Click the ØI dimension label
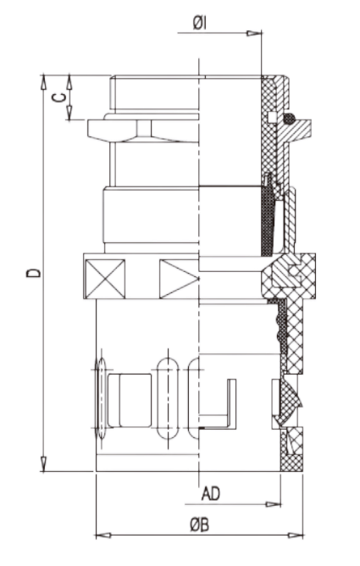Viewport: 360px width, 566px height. click(x=200, y=24)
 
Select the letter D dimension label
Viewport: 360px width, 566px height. click(x=34, y=273)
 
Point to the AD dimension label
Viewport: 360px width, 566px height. click(x=211, y=494)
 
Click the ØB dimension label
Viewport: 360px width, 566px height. click(x=199, y=524)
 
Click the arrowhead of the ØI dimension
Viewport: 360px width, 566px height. click(x=254, y=34)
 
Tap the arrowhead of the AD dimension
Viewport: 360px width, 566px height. click(x=273, y=504)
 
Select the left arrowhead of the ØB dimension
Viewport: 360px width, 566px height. click(x=103, y=535)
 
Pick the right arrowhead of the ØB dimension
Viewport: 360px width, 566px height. click(x=296, y=535)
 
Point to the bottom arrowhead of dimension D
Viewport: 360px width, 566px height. click(x=43, y=463)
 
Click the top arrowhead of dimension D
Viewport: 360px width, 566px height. click(x=43, y=82)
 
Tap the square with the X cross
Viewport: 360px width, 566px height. click(x=105, y=279)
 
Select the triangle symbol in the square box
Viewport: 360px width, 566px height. click(x=179, y=279)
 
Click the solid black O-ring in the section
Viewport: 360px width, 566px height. click(x=290, y=119)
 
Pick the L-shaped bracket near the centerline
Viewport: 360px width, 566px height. click(x=218, y=404)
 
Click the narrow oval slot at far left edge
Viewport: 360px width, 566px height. click(x=102, y=398)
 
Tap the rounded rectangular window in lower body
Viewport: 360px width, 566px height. click(x=130, y=401)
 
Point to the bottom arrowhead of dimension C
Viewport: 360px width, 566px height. click(x=69, y=113)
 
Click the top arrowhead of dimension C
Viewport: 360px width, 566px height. click(x=69, y=82)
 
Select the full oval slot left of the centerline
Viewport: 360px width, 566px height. click(x=168, y=398)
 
